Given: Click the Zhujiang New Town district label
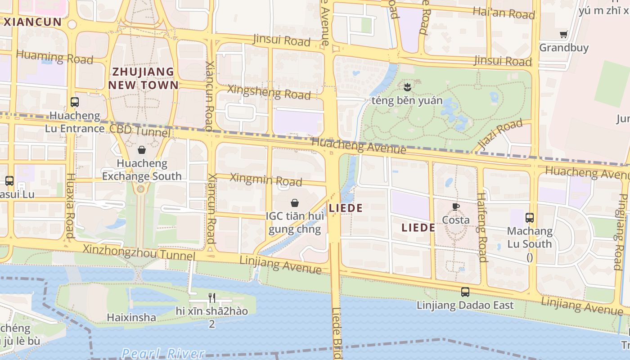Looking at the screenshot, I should [143, 78].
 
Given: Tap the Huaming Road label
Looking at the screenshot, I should [54, 57].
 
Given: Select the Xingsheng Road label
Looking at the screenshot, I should [269, 92].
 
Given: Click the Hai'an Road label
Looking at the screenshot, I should [504, 13].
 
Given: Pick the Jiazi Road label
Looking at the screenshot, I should [498, 134].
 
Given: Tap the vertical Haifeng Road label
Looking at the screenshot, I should [481, 227].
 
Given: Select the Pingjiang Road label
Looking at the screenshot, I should [623, 232].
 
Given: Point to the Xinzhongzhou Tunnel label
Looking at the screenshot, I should [139, 252].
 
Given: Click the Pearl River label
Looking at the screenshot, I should [163, 354].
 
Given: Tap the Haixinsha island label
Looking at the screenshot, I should [131, 317].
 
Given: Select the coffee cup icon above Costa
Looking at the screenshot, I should [456, 207].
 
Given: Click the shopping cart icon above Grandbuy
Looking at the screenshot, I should [563, 34].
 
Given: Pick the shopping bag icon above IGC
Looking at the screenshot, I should [295, 203].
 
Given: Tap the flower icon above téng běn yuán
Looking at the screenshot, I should [408, 87].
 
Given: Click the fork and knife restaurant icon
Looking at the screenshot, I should [212, 297].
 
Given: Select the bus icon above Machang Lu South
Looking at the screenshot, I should [530, 218].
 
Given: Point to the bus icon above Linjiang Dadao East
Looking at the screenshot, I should [465, 292].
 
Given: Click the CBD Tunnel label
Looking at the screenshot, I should [140, 130].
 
